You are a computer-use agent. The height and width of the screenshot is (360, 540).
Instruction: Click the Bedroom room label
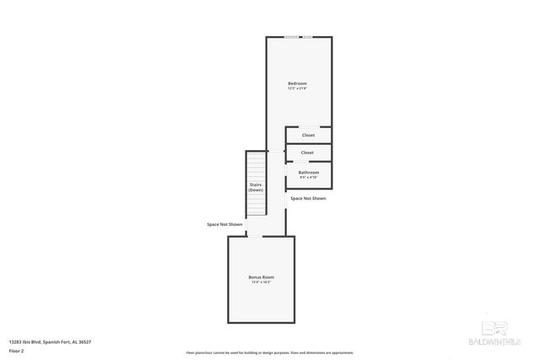pyautogui.click(x=297, y=83)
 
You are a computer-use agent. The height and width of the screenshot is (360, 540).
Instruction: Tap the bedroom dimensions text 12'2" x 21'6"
pyautogui.click(x=297, y=89)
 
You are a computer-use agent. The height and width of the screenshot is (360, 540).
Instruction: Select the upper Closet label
pyautogui.click(x=308, y=135)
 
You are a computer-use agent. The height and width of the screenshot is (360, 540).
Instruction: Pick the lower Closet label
pyautogui.click(x=307, y=153)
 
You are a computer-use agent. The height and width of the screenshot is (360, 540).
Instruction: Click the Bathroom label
pyautogui.click(x=308, y=172)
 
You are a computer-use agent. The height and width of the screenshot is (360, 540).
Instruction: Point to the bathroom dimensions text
pyautogui.click(x=308, y=178)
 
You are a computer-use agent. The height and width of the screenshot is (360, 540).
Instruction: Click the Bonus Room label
pyautogui.click(x=261, y=277)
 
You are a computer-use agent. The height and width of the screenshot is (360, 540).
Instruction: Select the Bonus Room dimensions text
pyautogui.click(x=261, y=282)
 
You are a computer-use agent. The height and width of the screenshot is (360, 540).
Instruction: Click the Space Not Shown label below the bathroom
pyautogui.click(x=308, y=198)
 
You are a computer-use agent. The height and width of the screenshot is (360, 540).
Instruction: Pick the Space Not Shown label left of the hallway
pyautogui.click(x=224, y=224)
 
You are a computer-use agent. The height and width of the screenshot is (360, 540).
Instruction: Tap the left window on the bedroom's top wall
pyautogui.click(x=290, y=37)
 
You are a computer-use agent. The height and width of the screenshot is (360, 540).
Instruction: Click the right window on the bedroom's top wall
pyautogui.click(x=308, y=37)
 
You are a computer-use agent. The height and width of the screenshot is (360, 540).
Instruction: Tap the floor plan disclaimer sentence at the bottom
pyautogui.click(x=269, y=352)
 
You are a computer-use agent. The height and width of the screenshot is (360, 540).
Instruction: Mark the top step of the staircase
pyautogui.click(x=256, y=153)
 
